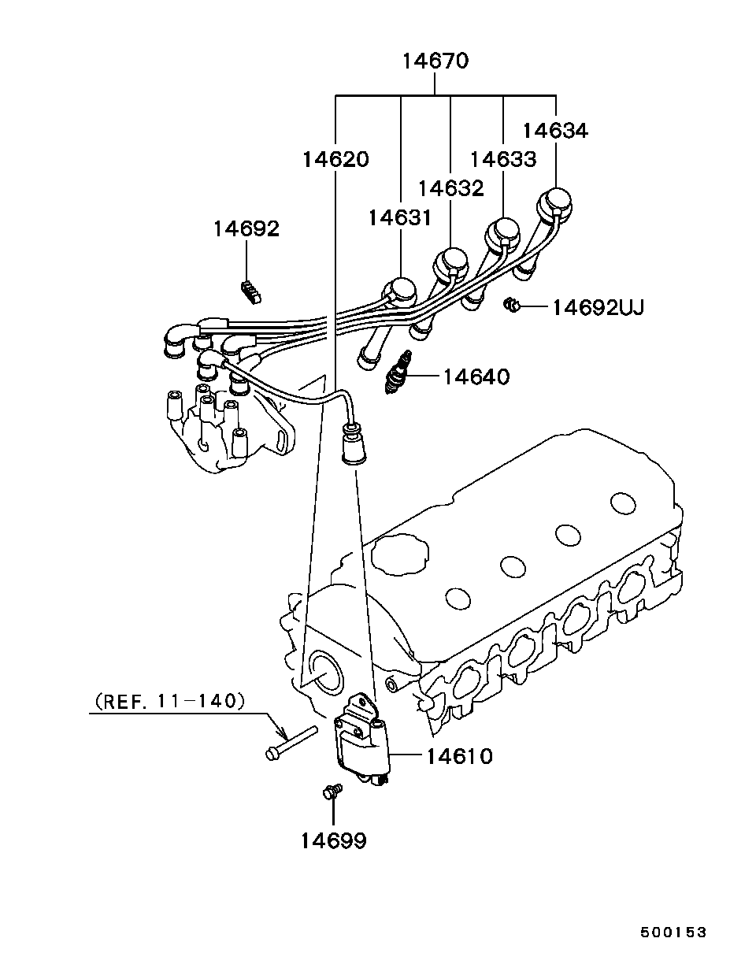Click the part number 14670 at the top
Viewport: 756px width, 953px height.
pos(435,61)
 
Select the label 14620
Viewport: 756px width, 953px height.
pos(335,159)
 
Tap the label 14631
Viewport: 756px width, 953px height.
pos(400,217)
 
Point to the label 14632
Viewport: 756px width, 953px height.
pos(450,188)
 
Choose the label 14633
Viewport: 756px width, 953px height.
pos(502,159)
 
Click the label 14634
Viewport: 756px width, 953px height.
pos(555,130)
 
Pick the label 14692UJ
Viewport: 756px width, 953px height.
pos(598,307)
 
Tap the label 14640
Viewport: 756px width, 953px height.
pos(476,377)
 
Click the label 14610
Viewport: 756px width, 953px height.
pos(459,756)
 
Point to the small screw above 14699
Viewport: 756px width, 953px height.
pos(332,790)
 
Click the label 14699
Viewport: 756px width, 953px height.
pos(332,841)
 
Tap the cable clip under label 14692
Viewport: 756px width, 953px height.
pos(250,291)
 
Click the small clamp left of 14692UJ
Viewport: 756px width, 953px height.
pos(511,304)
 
